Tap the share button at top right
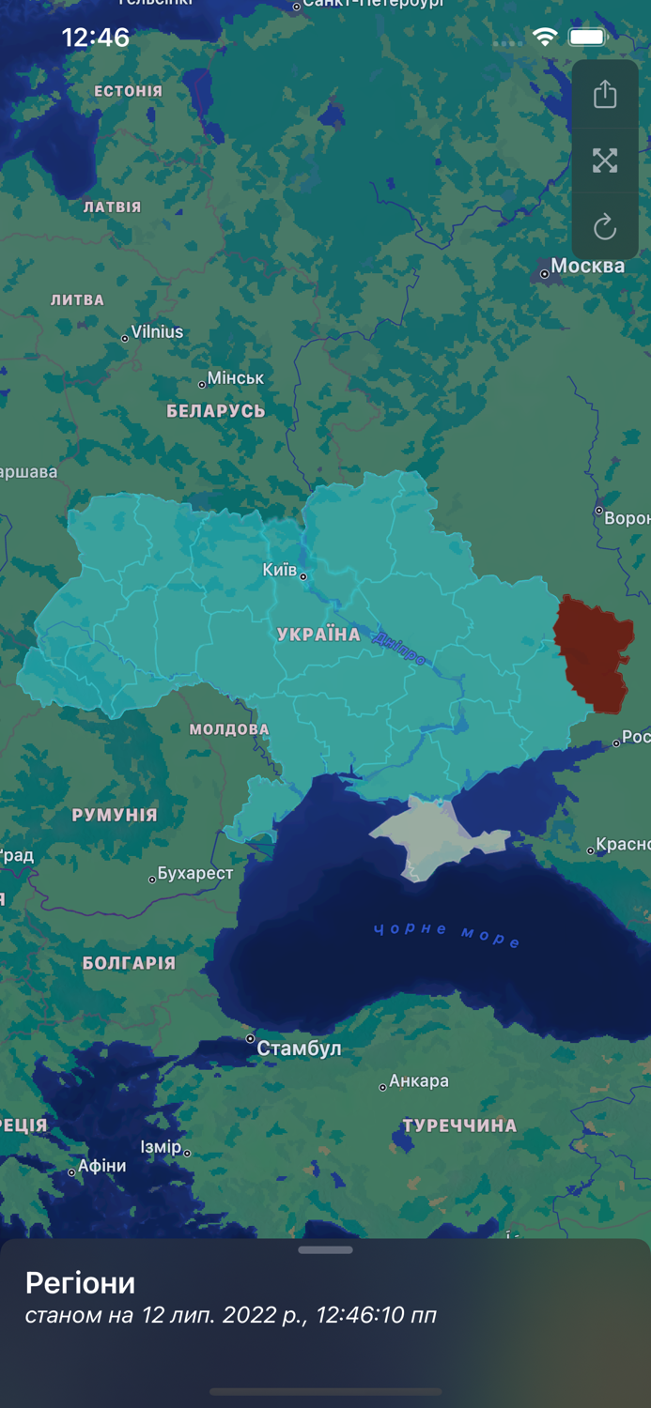coord(605,94)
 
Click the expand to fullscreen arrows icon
coord(605,161)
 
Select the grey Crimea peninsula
coord(423,831)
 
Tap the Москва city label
coord(587,267)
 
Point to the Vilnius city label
coord(157,332)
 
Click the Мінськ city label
coord(236,378)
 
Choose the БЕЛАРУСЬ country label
coord(216,411)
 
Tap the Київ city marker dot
coord(302,576)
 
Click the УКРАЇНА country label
coord(318,635)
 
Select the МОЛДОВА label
coord(229,729)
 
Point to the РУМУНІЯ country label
coord(115,815)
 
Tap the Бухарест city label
coord(195,874)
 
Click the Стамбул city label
coord(299,1048)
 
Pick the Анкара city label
coord(419,1081)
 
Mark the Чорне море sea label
coord(446,934)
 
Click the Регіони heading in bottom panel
coord(81,1282)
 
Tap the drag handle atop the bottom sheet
coord(325,1250)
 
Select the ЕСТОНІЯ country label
coord(129,91)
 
